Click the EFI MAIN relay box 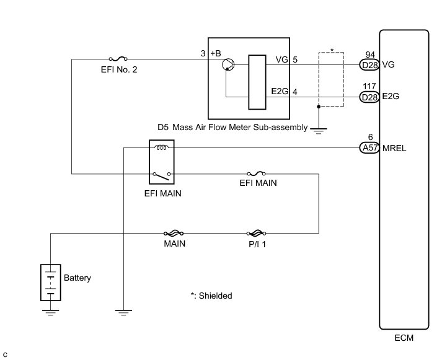pos(163,162)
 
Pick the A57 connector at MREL pos(369,148)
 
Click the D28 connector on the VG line pos(369,64)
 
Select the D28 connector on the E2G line pos(369,96)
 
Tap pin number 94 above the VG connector pos(370,54)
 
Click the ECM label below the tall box pos(403,338)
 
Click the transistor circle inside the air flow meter pos(228,64)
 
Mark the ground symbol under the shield pos(318,130)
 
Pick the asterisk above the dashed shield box pos(332,50)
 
